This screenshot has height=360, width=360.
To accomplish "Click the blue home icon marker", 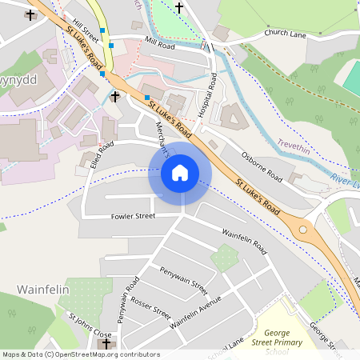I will coord(180,172).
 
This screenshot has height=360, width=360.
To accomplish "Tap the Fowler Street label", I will coord(133,215).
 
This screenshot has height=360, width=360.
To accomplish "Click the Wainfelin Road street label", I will coord(243,238).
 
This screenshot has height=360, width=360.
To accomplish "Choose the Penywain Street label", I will coord(183,280).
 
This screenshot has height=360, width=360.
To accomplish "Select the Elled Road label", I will coord(102,155).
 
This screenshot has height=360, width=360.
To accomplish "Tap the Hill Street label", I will coord(84,32).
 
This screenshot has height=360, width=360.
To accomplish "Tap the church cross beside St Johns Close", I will coord(106,343).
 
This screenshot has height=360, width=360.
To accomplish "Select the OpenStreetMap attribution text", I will coord(80,354).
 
